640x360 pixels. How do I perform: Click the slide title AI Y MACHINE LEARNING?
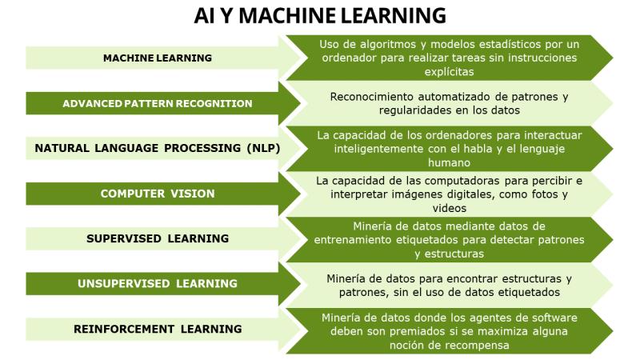pos(320,16)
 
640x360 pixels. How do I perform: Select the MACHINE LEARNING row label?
pos(158,58)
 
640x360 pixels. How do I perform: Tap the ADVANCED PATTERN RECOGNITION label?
pos(158,104)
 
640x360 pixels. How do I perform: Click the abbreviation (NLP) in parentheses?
pos(263,148)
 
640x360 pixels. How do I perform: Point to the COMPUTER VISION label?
pos(158,194)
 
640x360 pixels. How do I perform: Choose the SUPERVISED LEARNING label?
pos(158,238)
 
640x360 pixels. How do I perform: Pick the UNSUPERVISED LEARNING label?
pos(158,284)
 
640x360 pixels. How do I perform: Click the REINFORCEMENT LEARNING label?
pos(158,329)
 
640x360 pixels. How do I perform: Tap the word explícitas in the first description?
pos(449,72)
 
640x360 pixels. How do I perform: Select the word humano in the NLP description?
pos(449,163)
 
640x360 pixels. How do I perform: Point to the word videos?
pos(449,208)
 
